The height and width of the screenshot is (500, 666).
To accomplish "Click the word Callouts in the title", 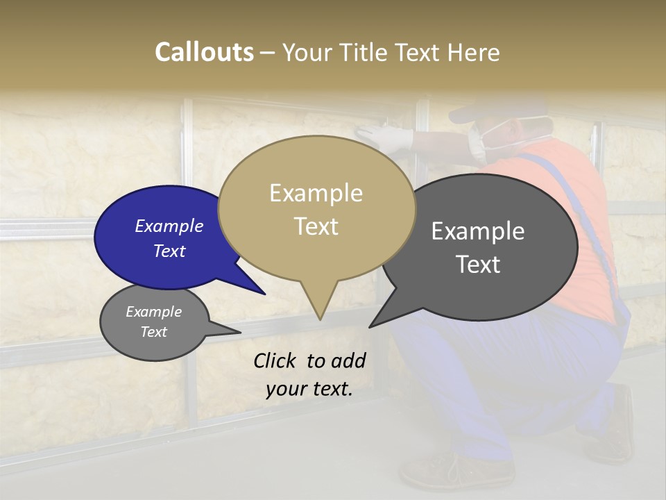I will pos(204,52).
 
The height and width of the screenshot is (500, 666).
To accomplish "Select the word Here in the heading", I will pos(472,52).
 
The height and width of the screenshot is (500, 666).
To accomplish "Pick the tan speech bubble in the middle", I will pos(316,208).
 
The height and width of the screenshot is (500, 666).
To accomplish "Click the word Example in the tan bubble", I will pos(316,193).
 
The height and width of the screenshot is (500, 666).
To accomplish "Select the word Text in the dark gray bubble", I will pos(478,265).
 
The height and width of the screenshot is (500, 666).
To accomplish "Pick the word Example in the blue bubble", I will pos(169,226).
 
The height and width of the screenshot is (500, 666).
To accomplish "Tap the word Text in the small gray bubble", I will pos(154,332).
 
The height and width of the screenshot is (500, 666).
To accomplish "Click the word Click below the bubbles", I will pos(275,360).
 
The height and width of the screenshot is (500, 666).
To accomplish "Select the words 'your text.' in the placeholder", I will pos(309,389).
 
